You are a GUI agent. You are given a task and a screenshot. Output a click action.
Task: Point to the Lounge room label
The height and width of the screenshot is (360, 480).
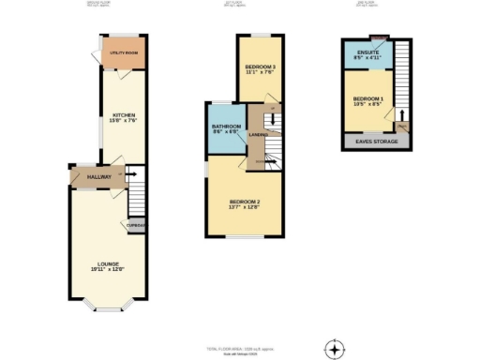coord(103,265)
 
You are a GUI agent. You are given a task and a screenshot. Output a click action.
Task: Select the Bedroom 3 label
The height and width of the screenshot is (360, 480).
coord(260,67)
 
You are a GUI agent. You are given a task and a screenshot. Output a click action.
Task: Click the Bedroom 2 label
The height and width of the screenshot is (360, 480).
coord(244,202)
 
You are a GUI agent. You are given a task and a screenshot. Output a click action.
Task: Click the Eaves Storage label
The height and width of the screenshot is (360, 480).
coord(373,142)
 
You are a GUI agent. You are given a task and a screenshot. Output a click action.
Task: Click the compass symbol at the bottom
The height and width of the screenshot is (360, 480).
coord(334,350)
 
